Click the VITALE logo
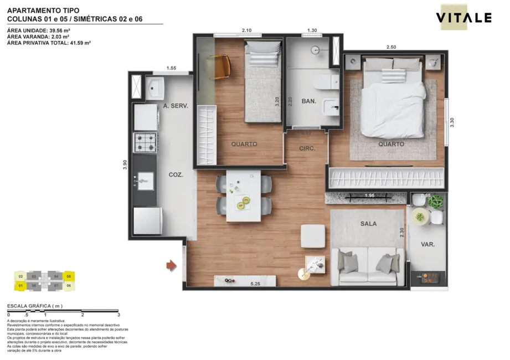pyautogui.click(x=463, y=18)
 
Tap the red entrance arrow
pyautogui.click(x=172, y=266)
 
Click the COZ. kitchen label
pyautogui.click(x=175, y=174)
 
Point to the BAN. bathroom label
pyautogui.click(x=308, y=101)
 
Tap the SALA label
pyautogui.click(x=368, y=224)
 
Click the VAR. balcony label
pyautogui.click(x=427, y=244)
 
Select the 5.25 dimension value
pyautogui.click(x=255, y=284)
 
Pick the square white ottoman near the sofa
pyautogui.click(x=313, y=236)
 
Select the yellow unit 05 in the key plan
pyautogui.click(x=69, y=275)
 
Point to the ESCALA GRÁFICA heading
pyautogui.click(x=34, y=306)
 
